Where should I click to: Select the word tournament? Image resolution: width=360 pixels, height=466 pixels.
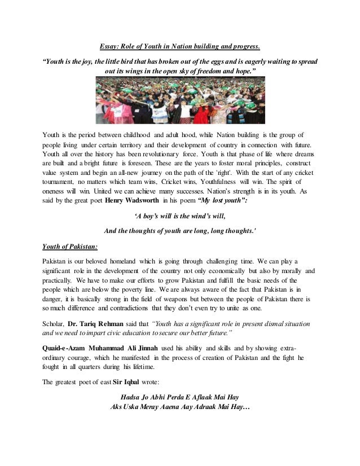coord(60,182)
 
